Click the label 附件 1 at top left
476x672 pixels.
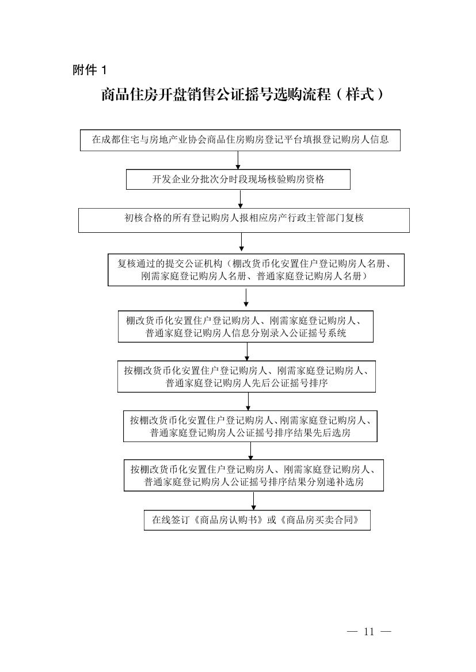tap(89, 70)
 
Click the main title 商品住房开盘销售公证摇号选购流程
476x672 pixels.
tap(216, 95)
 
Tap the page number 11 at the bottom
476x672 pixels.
tap(369, 631)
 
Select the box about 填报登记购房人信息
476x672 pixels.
tap(240, 140)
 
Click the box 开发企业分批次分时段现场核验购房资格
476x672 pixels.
tap(238, 179)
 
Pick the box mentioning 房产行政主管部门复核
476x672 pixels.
tap(244, 220)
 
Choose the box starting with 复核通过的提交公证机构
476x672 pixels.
tap(256, 270)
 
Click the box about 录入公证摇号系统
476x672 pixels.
tap(246, 327)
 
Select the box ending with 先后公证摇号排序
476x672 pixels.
tap(246, 377)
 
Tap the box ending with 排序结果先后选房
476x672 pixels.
tap(250, 426)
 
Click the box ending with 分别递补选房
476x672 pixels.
tap(254, 475)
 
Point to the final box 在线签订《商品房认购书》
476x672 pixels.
tap(257, 520)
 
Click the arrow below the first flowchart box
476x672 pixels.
tap(238, 160)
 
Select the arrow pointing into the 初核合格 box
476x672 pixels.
tap(241, 199)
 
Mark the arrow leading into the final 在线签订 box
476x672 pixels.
tap(254, 500)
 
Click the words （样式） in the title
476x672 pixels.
tap(359, 95)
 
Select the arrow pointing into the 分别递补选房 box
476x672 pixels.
tap(250, 451)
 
